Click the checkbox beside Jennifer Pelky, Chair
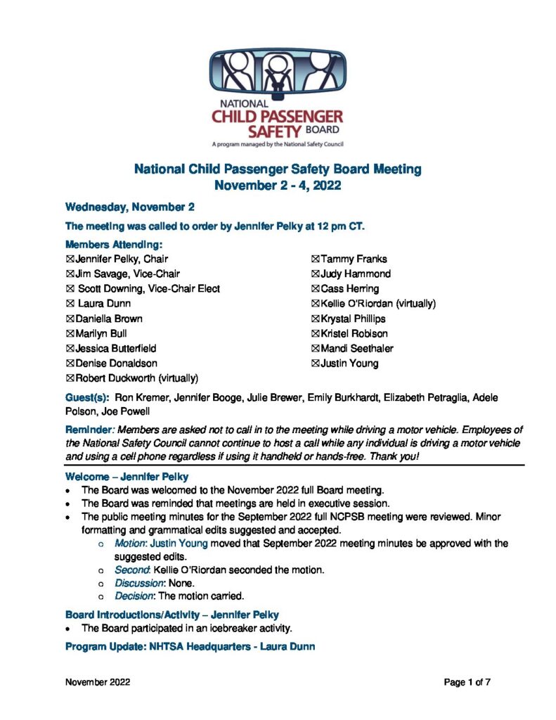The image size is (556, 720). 70,259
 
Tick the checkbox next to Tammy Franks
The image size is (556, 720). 316,259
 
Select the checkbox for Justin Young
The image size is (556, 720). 316,364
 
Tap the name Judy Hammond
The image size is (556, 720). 355,274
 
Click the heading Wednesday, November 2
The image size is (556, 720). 129,207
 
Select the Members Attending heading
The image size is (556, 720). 114,245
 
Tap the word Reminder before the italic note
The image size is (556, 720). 89,429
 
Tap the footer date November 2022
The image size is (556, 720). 97,682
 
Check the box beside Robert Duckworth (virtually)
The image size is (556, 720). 70,378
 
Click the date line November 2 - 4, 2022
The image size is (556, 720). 278,186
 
